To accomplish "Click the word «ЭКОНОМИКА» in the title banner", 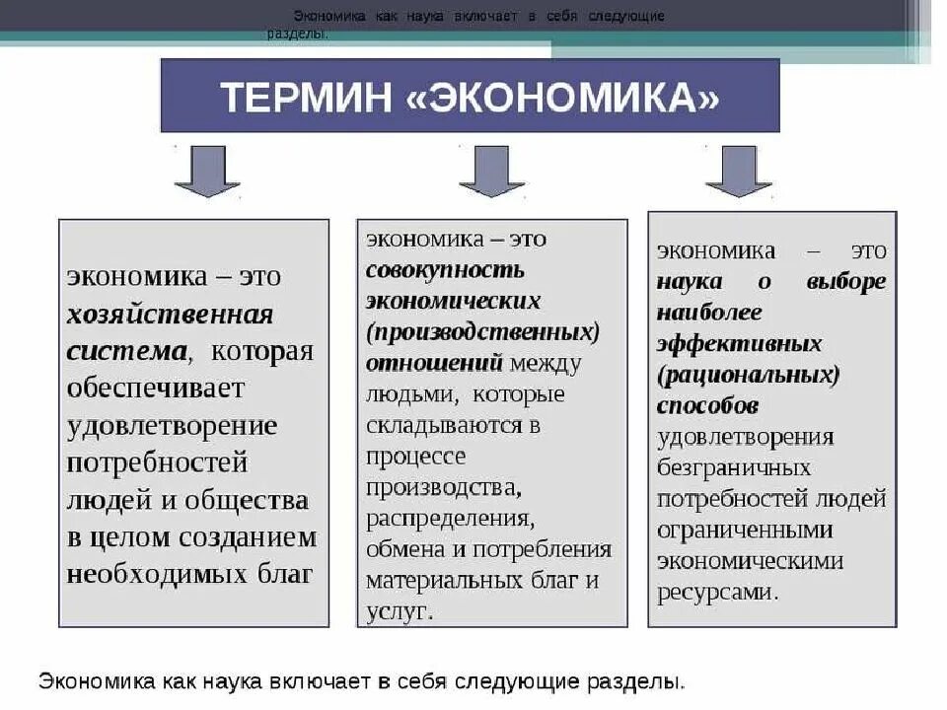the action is pos(562,98).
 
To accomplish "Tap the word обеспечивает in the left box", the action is pos(155,389).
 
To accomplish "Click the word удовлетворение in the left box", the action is pos(172,426).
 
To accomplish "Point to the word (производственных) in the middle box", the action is pos(482,332).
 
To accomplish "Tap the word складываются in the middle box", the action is pos(443,425).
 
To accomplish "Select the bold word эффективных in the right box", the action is pos(739,344).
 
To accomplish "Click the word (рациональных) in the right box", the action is pos(749,376).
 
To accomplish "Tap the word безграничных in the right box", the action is pos(734,467).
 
